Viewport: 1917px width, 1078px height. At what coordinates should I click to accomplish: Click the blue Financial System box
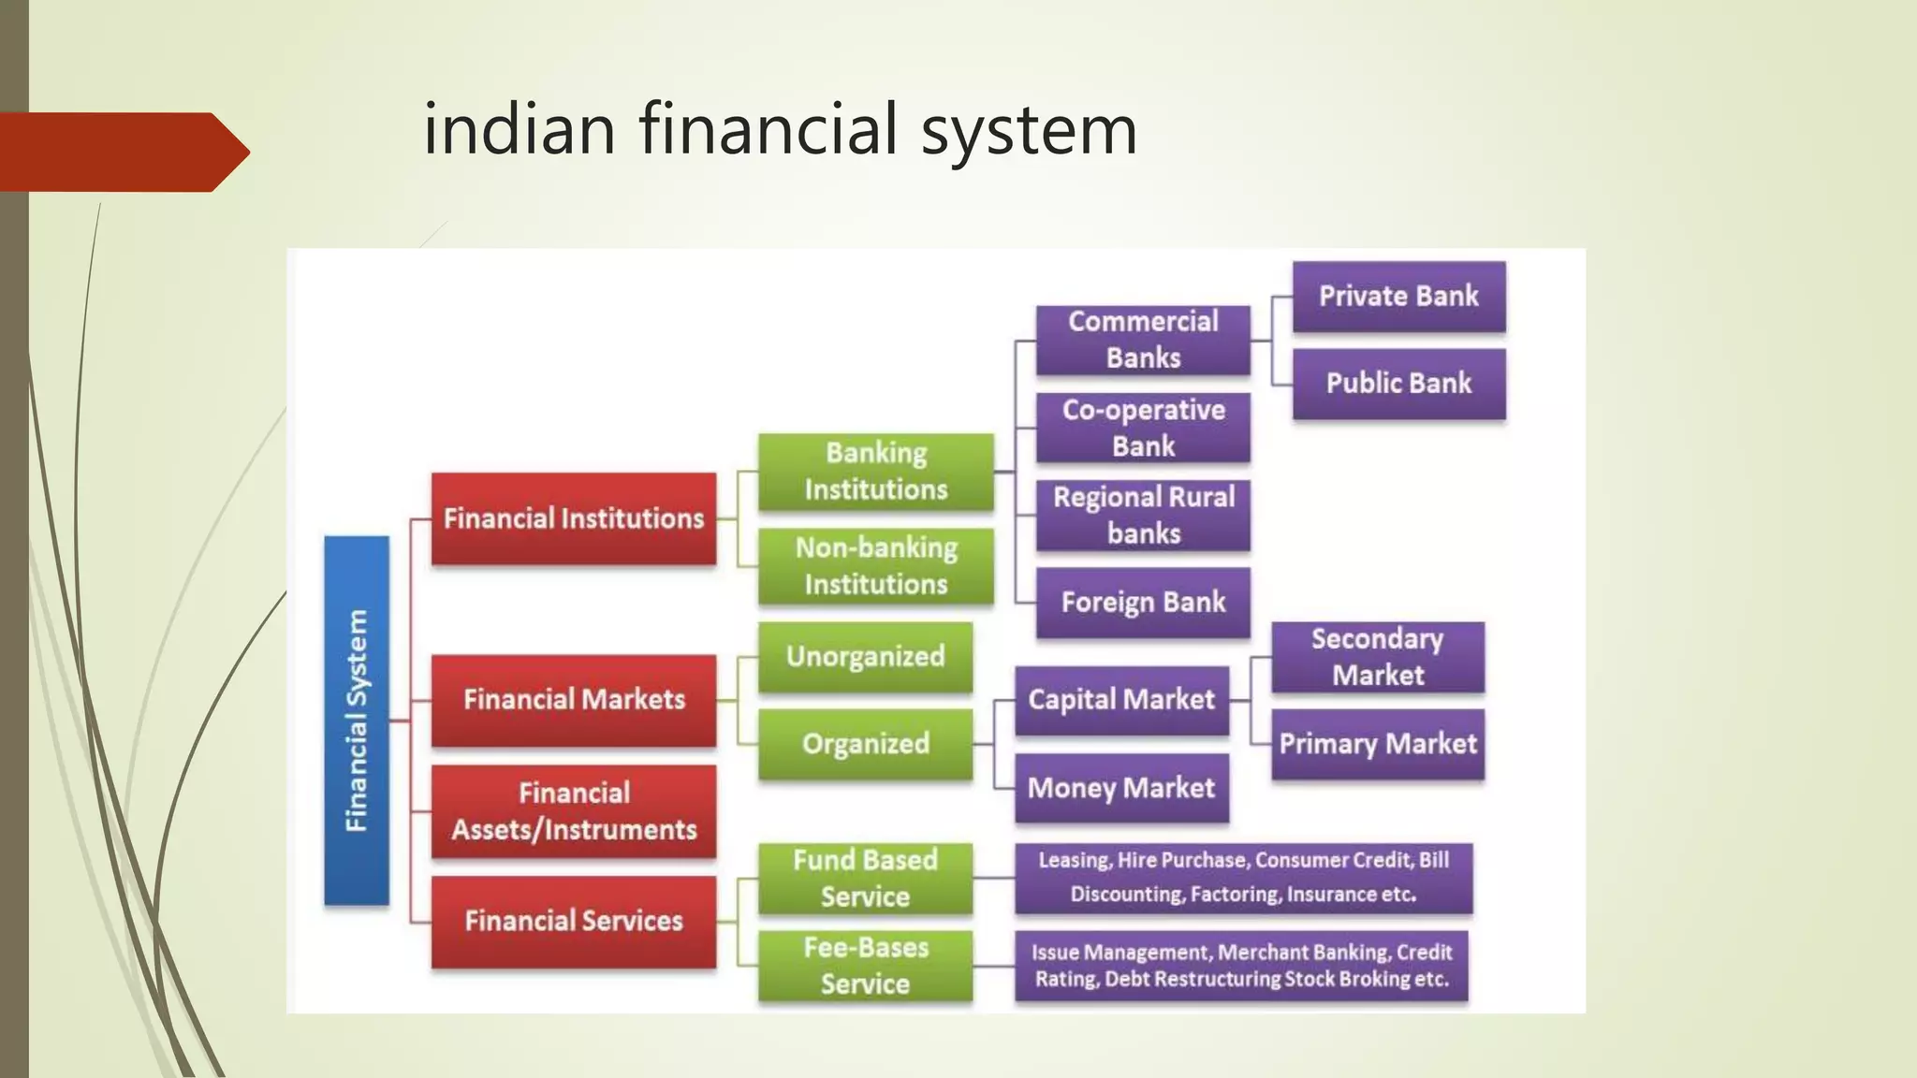[x=357, y=721]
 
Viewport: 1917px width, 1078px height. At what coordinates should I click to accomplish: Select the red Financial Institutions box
[x=573, y=518]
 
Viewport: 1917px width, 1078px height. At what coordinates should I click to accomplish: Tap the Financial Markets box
[x=573, y=700]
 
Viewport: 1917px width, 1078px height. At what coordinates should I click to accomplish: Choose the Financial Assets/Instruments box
[x=573, y=811]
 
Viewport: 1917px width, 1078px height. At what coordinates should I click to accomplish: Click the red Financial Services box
[x=573, y=921]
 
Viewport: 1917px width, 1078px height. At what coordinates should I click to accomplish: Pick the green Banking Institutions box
[x=875, y=472]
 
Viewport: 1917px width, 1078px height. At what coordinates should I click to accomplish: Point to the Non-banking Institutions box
[x=875, y=566]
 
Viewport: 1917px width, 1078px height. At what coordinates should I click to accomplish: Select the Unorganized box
[x=865, y=657]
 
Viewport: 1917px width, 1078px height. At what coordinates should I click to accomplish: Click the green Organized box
[x=865, y=744]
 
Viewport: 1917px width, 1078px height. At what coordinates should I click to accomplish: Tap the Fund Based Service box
[x=865, y=878]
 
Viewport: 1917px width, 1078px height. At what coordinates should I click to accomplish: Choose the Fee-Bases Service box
[x=865, y=966]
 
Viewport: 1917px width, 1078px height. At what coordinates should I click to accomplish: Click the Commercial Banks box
[x=1143, y=340]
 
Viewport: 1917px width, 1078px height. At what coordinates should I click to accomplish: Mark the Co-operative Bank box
[x=1143, y=428]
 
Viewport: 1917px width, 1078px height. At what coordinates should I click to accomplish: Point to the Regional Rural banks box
[x=1143, y=515]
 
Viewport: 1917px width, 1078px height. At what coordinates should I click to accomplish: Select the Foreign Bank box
[x=1143, y=602]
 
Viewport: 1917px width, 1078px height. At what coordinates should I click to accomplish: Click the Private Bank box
[x=1398, y=297]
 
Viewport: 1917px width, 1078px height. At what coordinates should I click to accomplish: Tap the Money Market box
[x=1121, y=788]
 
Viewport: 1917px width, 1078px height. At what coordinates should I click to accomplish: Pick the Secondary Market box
[x=1377, y=657]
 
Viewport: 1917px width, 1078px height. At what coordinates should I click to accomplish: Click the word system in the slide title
[x=1029, y=131]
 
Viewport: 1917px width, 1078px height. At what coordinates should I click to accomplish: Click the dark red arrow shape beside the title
[x=122, y=152]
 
